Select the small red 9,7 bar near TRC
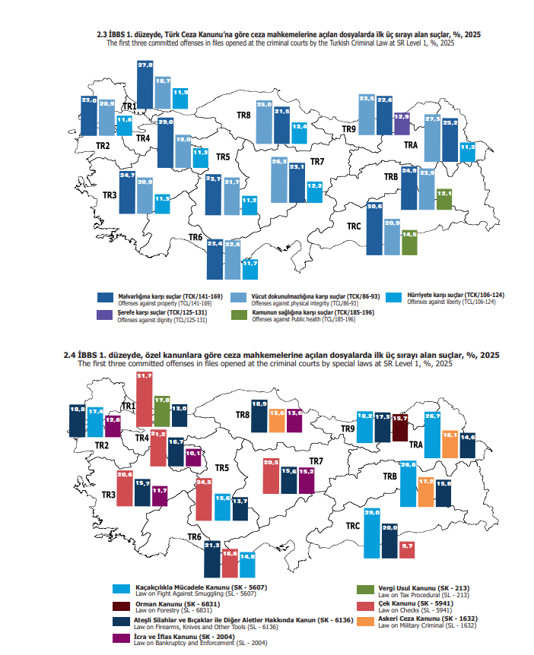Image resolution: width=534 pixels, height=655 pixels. [x=406, y=549]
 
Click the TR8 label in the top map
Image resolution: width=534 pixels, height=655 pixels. [x=243, y=115]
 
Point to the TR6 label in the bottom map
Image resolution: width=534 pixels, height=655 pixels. [x=195, y=537]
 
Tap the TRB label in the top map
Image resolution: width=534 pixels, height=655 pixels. [x=391, y=177]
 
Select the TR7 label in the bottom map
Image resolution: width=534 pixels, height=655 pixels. [x=316, y=461]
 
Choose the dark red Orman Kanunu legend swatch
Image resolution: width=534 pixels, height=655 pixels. [x=120, y=606]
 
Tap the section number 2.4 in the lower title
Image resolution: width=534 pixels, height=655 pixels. [x=72, y=355]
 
